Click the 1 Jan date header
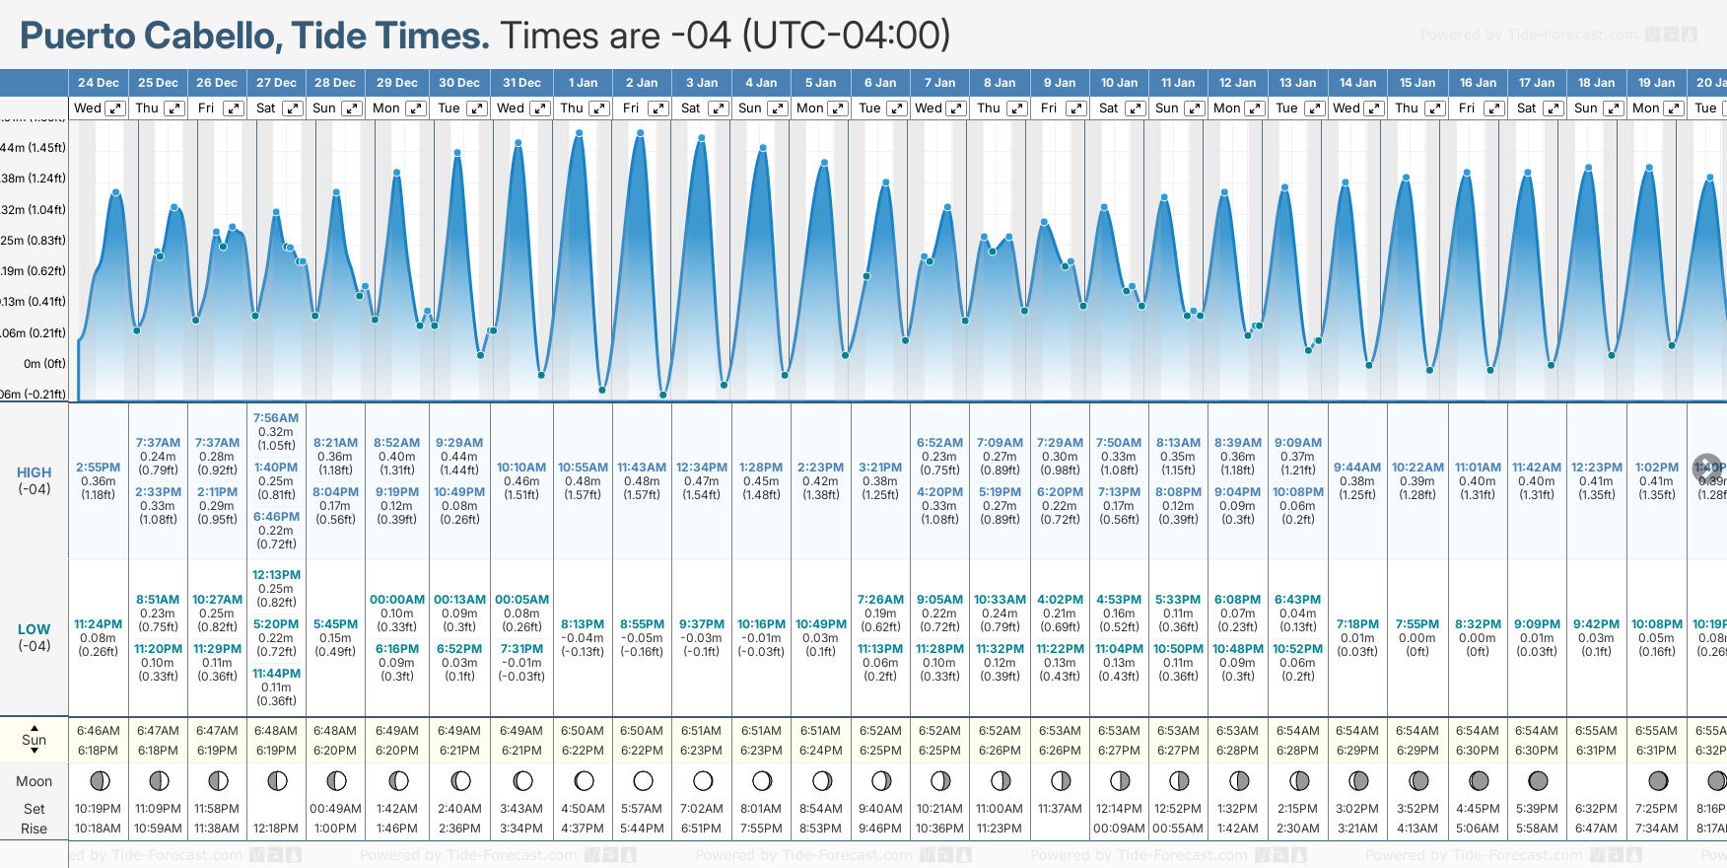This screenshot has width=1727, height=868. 583,83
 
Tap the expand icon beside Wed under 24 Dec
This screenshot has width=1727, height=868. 115,108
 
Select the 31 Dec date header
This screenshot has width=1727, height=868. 521,83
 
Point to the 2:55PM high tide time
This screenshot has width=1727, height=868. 98,468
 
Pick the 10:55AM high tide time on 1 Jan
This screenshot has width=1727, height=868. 583,468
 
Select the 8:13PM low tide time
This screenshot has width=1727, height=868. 583,624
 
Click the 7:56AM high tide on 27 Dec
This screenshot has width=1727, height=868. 276,418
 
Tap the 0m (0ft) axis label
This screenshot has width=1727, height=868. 44,364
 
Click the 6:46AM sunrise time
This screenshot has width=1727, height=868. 98,731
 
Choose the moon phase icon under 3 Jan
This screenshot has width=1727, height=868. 702,781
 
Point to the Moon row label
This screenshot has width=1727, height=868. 34,781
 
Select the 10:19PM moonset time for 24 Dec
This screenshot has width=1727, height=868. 98,809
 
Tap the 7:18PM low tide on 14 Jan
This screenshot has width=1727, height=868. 1357,624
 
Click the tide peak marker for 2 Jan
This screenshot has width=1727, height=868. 641,133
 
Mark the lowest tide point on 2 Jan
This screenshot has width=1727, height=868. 663,395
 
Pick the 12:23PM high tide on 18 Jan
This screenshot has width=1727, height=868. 1596,468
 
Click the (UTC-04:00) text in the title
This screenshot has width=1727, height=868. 846,36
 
